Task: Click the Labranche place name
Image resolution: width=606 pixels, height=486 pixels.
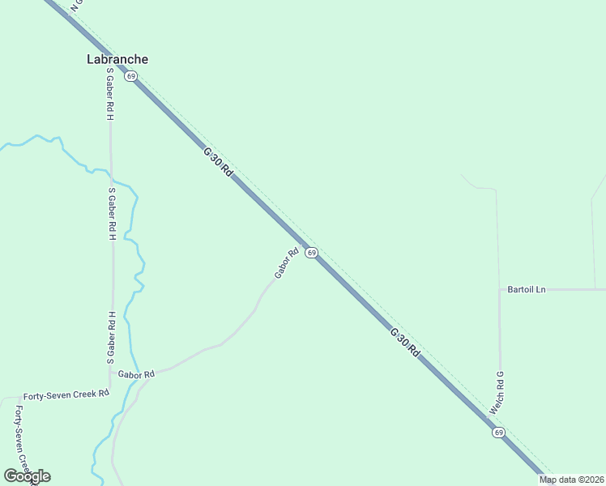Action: (117, 59)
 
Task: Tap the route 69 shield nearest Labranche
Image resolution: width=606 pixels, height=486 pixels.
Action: (130, 76)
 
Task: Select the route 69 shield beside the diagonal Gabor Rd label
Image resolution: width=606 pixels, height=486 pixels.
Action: (311, 254)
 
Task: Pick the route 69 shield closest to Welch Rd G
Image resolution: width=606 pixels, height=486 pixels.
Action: (498, 433)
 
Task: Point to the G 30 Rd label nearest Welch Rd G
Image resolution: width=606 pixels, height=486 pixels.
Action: (404, 342)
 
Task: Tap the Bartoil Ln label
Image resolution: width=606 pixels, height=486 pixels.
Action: (527, 289)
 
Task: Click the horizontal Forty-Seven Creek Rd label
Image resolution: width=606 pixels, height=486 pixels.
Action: (66, 394)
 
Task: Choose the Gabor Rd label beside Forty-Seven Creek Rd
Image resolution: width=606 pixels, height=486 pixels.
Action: (135, 374)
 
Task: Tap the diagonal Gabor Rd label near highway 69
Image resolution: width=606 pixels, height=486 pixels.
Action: (287, 263)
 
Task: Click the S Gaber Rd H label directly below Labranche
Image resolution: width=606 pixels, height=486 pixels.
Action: (110, 94)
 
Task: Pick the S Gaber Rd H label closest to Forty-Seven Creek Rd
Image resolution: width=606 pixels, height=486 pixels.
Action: (112, 337)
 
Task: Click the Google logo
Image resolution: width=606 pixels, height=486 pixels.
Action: (27, 476)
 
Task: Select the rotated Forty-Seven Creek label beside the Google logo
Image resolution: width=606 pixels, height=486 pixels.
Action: (23, 437)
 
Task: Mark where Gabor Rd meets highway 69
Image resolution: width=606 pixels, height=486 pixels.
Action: (304, 244)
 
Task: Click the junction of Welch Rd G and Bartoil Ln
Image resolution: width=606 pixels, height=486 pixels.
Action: (499, 289)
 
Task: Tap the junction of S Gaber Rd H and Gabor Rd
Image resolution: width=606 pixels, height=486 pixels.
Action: (111, 373)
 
